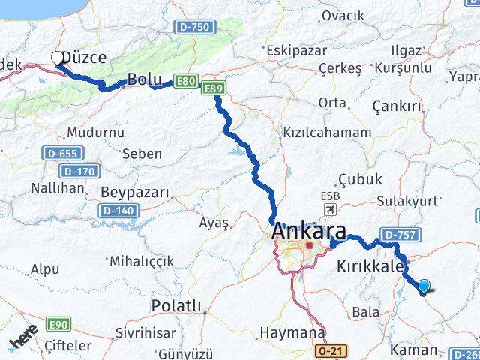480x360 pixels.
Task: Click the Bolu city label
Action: (x=144, y=79)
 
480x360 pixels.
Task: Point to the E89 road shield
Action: (x=214, y=89)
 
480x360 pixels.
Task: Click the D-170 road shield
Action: (x=78, y=171)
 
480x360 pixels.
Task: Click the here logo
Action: (x=24, y=342)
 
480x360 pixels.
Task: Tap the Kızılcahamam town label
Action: (x=326, y=132)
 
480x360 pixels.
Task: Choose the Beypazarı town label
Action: (x=134, y=192)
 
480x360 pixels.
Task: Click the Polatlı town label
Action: (x=176, y=305)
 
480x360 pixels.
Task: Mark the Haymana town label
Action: (x=292, y=331)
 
